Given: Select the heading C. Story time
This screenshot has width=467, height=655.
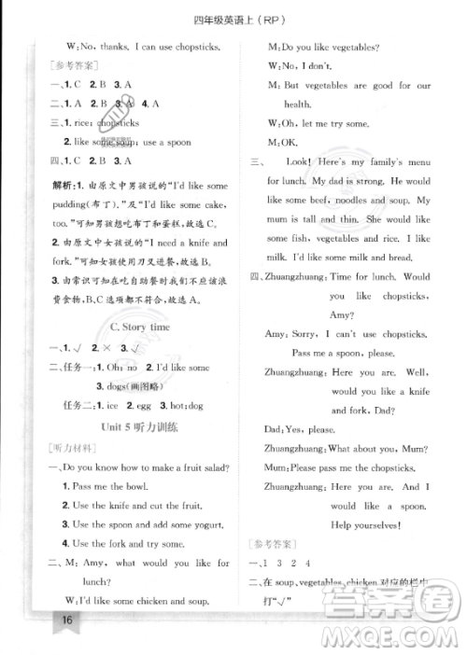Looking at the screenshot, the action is [x=139, y=327].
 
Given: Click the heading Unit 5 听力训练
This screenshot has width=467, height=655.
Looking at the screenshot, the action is [x=139, y=425].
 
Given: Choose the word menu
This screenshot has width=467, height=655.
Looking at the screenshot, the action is [x=413, y=162].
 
